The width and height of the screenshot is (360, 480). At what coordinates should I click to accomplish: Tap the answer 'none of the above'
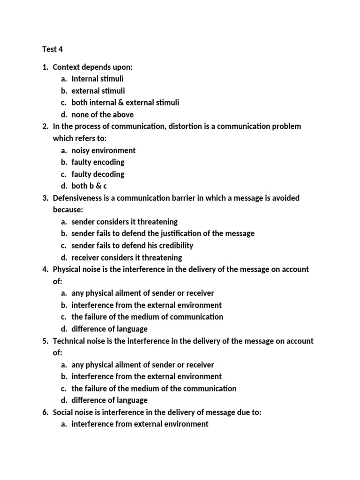(102, 114)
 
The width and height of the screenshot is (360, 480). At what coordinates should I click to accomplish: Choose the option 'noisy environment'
(103, 150)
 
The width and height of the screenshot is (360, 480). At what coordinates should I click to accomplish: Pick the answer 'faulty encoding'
(97, 162)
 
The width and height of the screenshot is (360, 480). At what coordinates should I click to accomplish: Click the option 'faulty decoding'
(97, 174)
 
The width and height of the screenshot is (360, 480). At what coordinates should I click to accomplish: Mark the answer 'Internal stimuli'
(97, 79)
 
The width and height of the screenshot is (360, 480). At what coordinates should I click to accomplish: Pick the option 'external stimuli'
(98, 91)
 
